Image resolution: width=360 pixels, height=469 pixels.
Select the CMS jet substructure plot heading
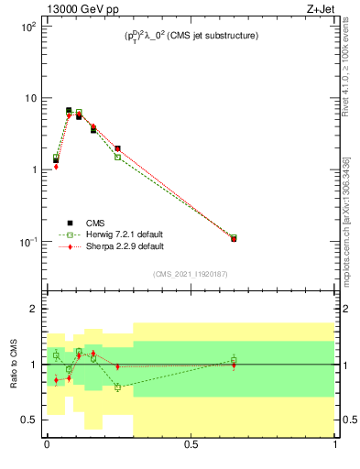point(191,36)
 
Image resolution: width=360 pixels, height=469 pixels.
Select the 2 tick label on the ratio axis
point(33,310)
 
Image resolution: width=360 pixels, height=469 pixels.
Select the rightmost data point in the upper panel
point(234,238)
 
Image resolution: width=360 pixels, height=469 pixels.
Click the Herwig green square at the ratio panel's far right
point(234,359)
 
